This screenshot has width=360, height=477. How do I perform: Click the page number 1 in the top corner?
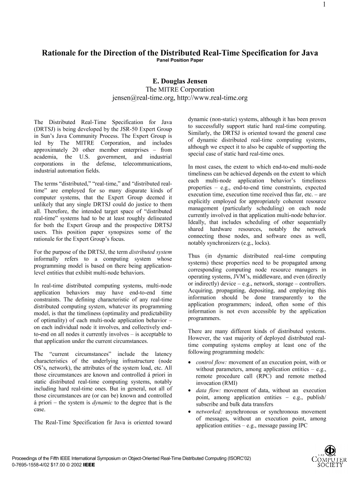(x=350, y=6)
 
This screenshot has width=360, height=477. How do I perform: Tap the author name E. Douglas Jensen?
(x=180, y=81)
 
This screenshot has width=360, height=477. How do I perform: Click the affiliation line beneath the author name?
(x=180, y=89)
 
